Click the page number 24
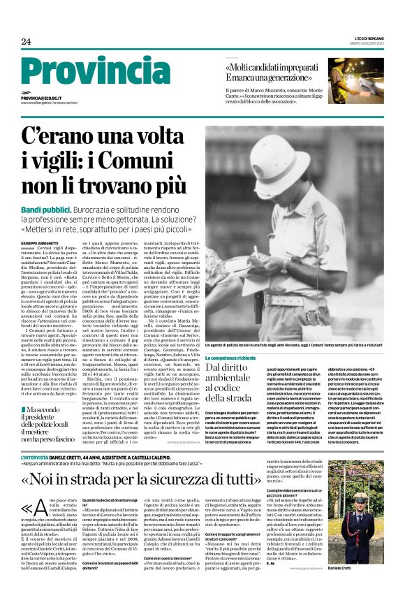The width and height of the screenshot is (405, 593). point(26,41)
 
